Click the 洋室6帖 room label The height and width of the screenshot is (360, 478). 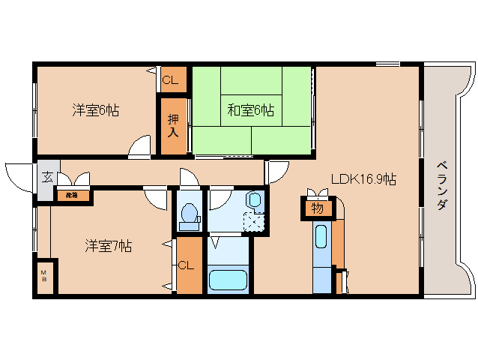(95, 111)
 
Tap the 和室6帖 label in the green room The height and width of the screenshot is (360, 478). (251, 111)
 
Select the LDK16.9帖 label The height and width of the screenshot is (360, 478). (364, 180)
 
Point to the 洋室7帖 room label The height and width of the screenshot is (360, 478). (108, 245)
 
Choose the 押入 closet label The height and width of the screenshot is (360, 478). (172, 125)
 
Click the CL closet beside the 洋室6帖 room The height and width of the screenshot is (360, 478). (170, 80)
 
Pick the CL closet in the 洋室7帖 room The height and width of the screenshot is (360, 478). (187, 265)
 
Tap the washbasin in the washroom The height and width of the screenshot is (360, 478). (255, 200)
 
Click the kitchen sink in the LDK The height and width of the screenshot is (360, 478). (321, 238)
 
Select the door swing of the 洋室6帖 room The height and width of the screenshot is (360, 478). (140, 148)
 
